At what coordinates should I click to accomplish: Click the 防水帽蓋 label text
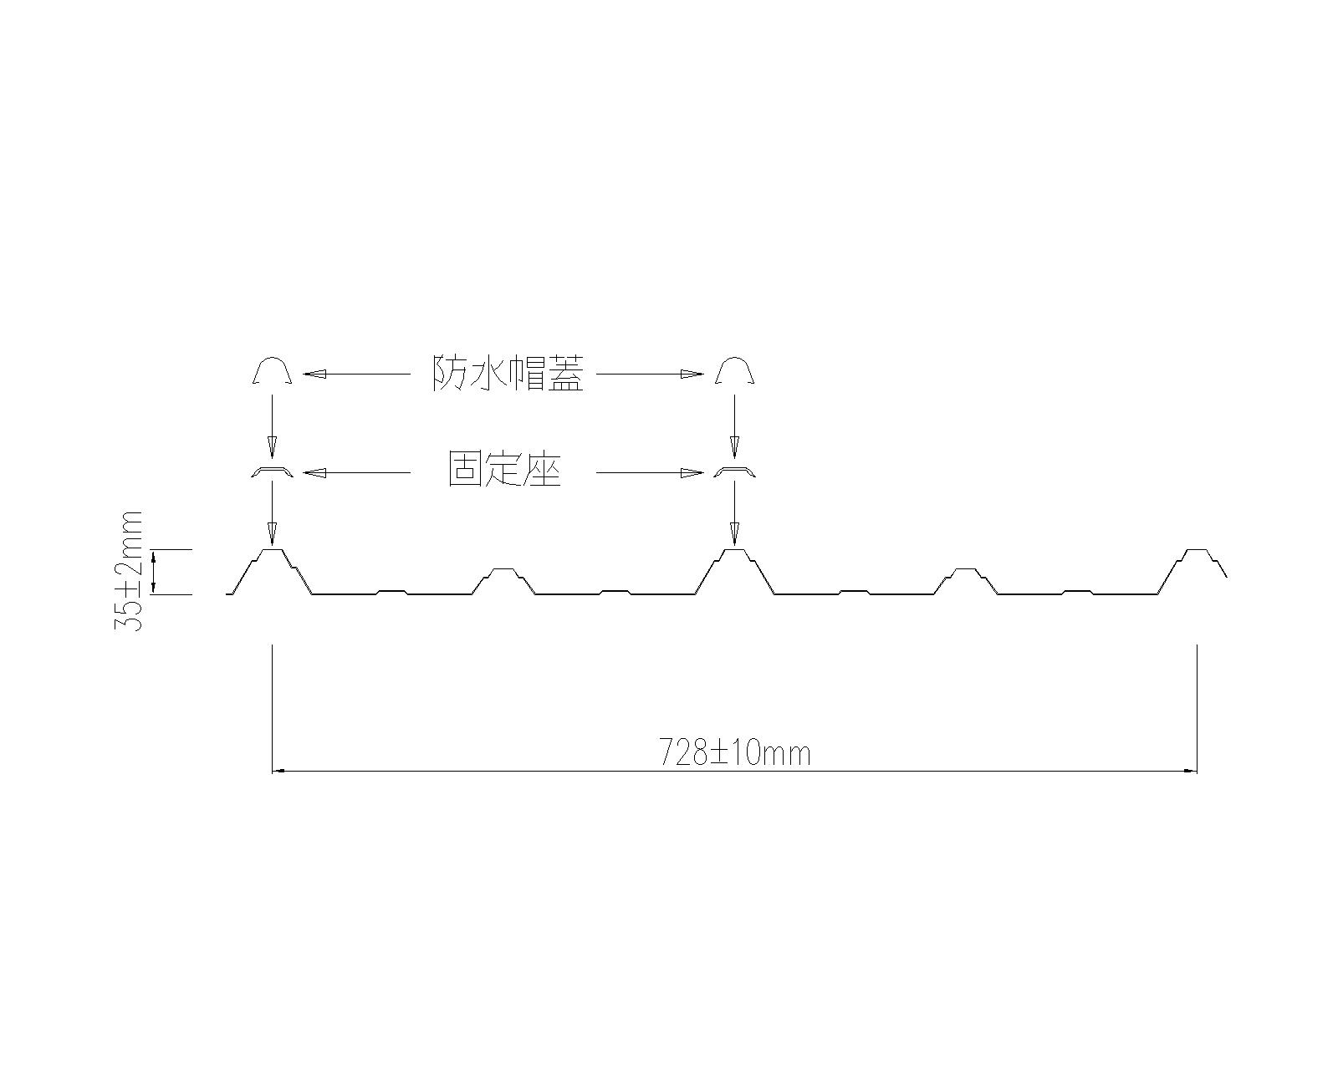[x=507, y=374]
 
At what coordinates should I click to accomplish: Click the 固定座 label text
[x=504, y=472]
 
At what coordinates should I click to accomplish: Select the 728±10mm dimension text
[x=735, y=753]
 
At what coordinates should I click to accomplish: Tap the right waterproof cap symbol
[x=734, y=370]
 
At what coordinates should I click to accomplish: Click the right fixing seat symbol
[x=734, y=473]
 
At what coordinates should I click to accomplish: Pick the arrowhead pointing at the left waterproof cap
[x=314, y=374]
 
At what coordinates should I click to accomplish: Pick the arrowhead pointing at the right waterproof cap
[x=692, y=374]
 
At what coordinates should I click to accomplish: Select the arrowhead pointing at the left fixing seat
[x=314, y=473]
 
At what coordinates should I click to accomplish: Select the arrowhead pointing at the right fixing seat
[x=692, y=473]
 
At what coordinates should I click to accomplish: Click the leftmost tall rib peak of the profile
[x=272, y=551]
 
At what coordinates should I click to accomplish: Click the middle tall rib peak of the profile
[x=734, y=551]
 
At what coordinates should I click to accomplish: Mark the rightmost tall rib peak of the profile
[x=1197, y=551]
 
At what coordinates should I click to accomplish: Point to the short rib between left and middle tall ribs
[x=503, y=570]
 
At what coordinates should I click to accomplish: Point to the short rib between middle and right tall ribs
[x=966, y=570]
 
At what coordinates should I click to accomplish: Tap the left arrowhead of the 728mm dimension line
[x=279, y=771]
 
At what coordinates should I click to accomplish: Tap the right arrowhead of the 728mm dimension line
[x=1190, y=771]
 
